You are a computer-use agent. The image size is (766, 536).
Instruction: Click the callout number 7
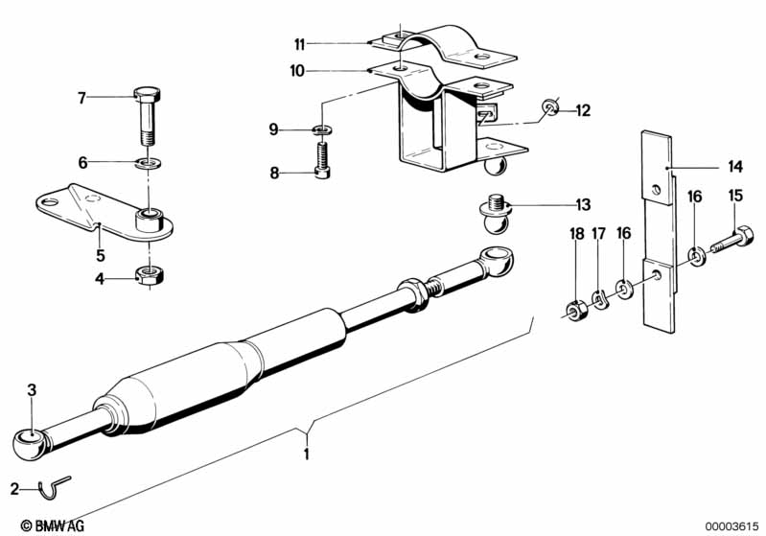click(82, 97)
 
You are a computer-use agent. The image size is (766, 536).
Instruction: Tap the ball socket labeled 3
click(31, 444)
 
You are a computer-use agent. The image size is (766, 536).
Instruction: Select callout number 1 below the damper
click(307, 454)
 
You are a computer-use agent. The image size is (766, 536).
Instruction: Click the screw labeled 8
click(323, 160)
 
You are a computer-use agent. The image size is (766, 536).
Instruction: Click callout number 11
click(300, 43)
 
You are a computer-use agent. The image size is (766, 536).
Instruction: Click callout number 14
click(734, 165)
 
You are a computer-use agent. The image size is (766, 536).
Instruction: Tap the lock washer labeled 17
click(599, 300)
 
